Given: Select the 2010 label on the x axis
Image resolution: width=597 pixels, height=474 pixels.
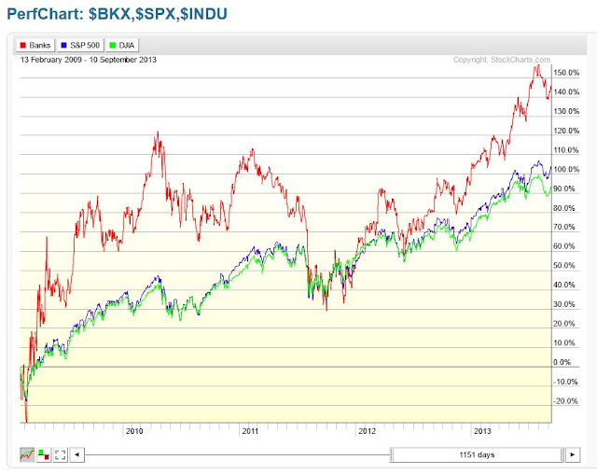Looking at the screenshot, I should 133,431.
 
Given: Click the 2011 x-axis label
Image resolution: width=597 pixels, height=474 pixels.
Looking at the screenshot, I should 250,431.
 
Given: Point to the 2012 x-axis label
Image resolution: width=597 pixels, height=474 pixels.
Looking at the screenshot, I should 367,431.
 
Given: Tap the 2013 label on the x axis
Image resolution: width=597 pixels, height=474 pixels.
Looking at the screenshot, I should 482,431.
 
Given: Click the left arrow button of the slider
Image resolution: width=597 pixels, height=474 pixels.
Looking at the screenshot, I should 77,454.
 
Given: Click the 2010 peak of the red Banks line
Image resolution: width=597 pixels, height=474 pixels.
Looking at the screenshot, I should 158,132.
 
